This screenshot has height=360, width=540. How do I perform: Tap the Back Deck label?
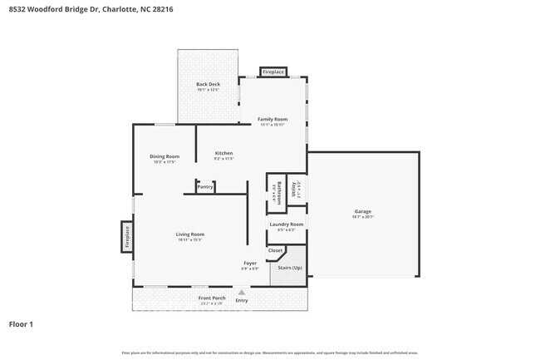pos(207,85)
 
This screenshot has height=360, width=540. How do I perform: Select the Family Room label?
pos(272,120)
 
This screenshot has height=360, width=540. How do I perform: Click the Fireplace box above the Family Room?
pos(273,72)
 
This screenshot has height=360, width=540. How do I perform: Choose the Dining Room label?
pos(164,156)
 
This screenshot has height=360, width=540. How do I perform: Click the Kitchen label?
pos(223,153)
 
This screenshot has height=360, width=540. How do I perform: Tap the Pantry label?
pos(205,187)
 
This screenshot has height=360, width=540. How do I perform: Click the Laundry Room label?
pos(286,224)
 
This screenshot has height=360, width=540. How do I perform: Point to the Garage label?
pos(363,212)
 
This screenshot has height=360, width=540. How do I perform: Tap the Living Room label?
pos(189,234)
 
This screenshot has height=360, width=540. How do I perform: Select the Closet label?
pos(275,250)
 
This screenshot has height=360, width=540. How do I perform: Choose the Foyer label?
pos(249,264)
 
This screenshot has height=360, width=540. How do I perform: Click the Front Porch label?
pos(212,298)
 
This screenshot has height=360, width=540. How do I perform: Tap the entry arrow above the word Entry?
pos(242,292)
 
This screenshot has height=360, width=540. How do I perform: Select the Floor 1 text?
pos(22,323)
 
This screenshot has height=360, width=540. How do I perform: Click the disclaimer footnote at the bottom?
pos(270,353)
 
